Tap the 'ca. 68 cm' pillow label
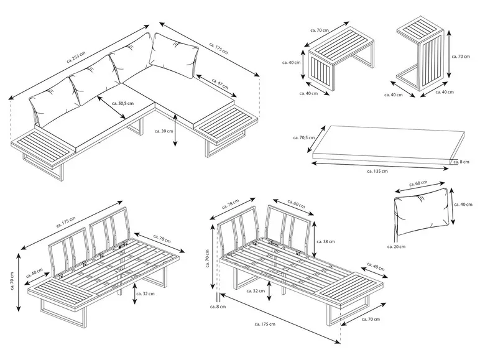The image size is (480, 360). tap(420, 183)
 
